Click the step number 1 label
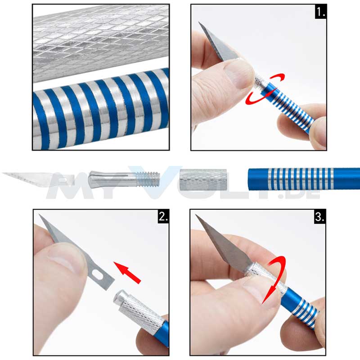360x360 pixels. pos(320,12)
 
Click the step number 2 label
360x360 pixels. pos(163,216)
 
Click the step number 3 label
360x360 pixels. pos(319,216)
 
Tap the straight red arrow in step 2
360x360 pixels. pos(127,273)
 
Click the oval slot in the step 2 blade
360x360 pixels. pos(98,275)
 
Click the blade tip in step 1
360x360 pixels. pos(199,22)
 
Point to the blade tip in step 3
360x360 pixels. pos(196,215)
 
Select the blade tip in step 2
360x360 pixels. pos(39,215)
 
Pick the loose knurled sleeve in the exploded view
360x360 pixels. pos(203,180)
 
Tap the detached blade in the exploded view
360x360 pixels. pos(39,180)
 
